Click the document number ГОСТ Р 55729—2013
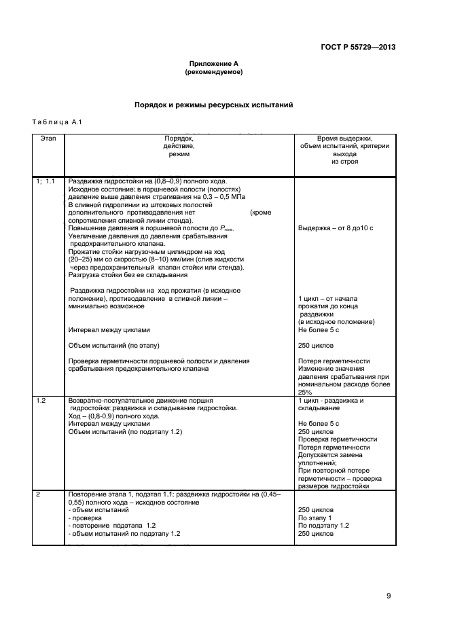[357, 47]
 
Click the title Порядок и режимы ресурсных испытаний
[213, 106]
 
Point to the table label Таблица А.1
[56, 122]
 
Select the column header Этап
[48, 138]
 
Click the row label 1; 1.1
[49, 181]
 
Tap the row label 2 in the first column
[38, 494]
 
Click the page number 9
[389, 596]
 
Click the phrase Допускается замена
[329, 456]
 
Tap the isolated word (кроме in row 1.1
[261, 213]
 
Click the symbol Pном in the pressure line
[223, 229]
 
